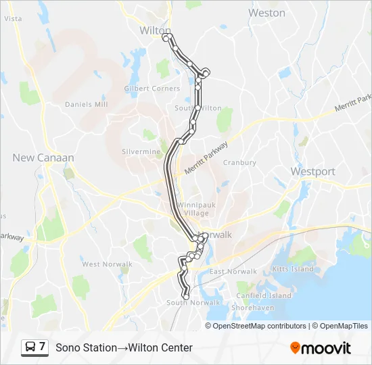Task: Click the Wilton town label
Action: coord(153,30)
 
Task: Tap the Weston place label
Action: coord(266,13)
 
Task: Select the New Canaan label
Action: coord(43,157)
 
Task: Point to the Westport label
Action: coord(312,172)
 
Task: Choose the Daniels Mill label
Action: coord(86,104)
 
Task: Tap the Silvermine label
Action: coord(141,151)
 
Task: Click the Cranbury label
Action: coord(239,162)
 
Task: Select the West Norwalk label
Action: coord(101,264)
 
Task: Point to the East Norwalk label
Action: coord(233,272)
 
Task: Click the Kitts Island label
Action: coord(293,269)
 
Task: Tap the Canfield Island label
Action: coord(264,295)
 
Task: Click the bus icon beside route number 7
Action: coord(31,347)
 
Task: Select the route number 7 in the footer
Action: coord(43,347)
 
